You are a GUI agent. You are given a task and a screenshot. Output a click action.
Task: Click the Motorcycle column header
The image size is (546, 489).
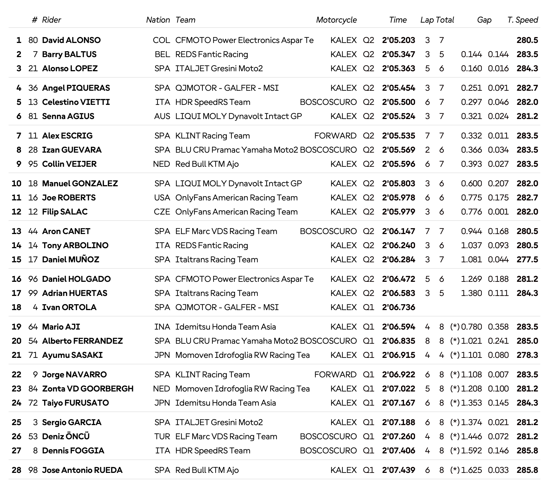click(336, 20)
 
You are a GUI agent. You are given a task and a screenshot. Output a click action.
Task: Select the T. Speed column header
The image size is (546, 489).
click(523, 20)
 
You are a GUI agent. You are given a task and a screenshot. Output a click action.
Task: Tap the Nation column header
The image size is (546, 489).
click(158, 20)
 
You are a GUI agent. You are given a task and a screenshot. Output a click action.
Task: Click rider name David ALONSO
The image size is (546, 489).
click(71, 40)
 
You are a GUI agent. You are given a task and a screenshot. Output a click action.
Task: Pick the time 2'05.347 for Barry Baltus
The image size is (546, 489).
click(398, 54)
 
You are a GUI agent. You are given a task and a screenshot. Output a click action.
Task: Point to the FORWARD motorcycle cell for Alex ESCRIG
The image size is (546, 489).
click(335, 136)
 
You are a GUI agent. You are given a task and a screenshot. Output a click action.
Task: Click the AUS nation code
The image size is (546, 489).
click(162, 116)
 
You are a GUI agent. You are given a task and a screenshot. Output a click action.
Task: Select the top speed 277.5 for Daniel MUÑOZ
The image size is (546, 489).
click(527, 259)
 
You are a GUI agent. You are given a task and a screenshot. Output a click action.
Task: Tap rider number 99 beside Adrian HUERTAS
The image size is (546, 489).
click(33, 293)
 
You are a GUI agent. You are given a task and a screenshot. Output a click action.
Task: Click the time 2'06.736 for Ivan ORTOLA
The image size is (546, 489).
click(398, 307)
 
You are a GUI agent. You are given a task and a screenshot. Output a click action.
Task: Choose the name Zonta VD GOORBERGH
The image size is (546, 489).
click(88, 389)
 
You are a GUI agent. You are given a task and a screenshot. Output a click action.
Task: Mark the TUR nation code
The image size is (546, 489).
click(162, 436)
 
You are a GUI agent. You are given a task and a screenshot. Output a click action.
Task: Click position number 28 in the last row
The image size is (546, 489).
click(16, 470)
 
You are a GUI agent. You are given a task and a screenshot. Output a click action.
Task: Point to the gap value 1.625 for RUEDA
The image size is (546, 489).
click(471, 470)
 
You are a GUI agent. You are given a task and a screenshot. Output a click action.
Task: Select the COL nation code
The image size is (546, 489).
click(161, 40)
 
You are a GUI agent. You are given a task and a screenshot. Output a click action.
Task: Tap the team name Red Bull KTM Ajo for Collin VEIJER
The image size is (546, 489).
click(207, 164)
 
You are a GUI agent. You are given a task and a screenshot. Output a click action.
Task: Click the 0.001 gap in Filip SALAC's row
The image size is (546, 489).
click(498, 212)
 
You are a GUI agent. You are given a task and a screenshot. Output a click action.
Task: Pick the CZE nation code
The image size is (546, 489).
click(162, 212)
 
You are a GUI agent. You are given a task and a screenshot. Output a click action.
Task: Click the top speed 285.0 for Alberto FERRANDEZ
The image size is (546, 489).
click(527, 341)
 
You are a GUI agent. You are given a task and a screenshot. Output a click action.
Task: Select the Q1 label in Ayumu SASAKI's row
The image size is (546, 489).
click(368, 355)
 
